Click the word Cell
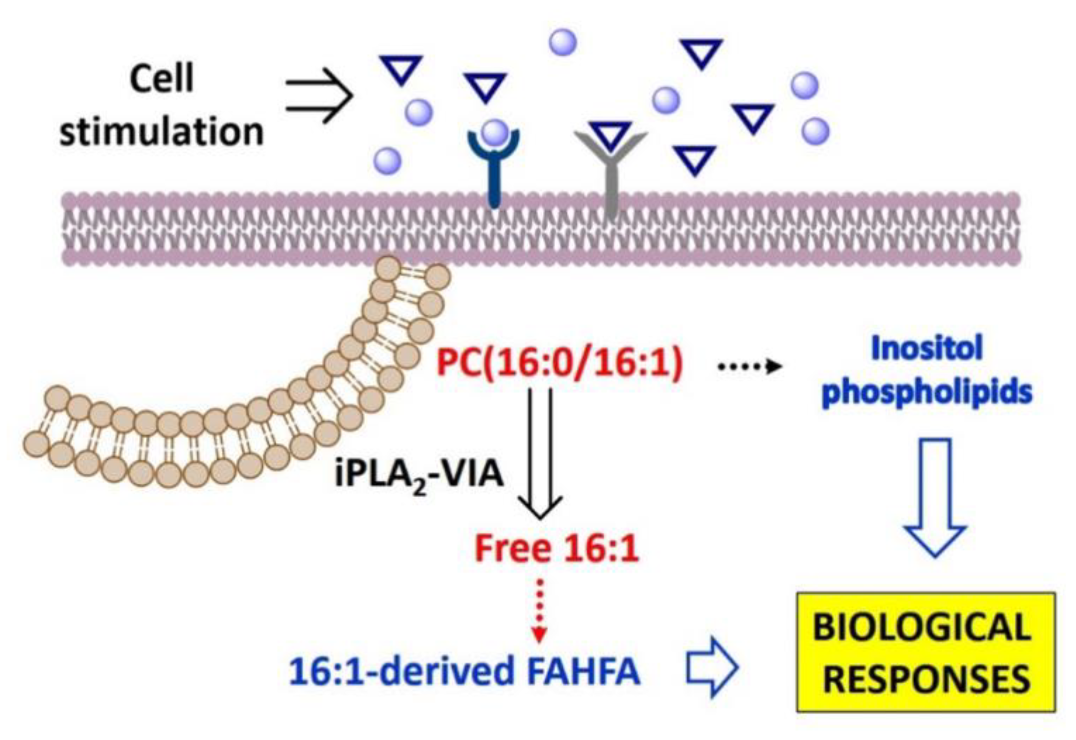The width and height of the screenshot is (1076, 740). [x=161, y=79]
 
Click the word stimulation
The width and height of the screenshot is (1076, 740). [x=161, y=132]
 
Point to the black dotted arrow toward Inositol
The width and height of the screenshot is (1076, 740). [x=750, y=366]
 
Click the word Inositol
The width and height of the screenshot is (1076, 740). [x=926, y=349]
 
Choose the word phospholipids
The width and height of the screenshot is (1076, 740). [x=927, y=393]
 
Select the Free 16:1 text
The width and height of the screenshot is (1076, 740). [x=557, y=549]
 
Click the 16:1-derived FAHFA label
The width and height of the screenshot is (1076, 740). [x=464, y=672]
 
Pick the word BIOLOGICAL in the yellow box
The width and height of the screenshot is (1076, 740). [x=922, y=628]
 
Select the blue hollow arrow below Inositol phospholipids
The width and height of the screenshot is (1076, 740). [x=936, y=497]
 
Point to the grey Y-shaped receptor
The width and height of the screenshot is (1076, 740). [x=610, y=178]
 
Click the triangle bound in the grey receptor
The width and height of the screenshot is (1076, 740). [x=610, y=135]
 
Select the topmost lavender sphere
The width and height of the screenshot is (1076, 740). [x=563, y=43]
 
